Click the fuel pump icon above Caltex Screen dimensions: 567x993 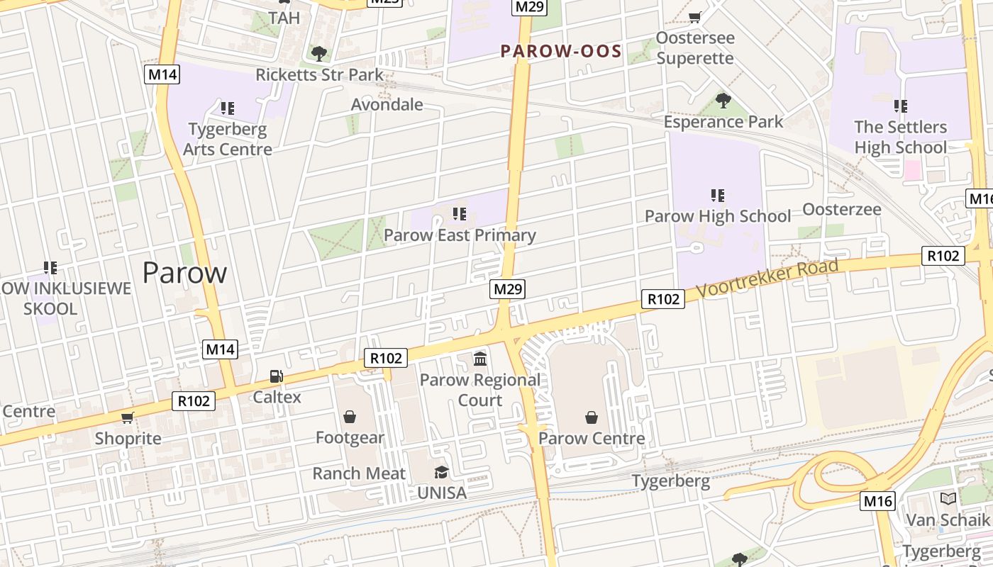click(x=276, y=377)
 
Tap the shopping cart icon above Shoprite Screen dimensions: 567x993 click(x=128, y=417)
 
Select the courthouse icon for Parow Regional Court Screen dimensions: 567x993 click(x=480, y=359)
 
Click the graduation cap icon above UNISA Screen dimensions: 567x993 click(x=442, y=472)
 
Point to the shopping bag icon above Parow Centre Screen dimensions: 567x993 click(x=592, y=417)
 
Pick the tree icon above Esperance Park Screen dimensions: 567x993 click(x=723, y=101)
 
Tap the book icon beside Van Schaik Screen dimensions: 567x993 click(x=948, y=498)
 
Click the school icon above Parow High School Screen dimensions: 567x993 click(x=717, y=195)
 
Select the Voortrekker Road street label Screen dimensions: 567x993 click(x=767, y=278)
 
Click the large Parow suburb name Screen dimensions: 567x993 click(x=184, y=272)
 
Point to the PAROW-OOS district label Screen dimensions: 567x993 click(x=561, y=51)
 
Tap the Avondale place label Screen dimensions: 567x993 click(x=387, y=105)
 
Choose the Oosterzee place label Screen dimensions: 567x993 click(x=842, y=209)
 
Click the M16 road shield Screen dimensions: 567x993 click(x=878, y=501)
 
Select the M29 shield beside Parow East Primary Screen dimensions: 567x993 click(x=508, y=289)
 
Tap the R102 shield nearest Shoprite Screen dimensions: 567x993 click(x=194, y=401)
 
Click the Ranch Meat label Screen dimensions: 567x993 click(x=359, y=473)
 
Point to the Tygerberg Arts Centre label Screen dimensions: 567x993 click(x=228, y=139)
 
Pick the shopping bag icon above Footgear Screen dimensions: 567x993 click(x=350, y=417)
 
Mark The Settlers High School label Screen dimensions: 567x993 click(x=900, y=137)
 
